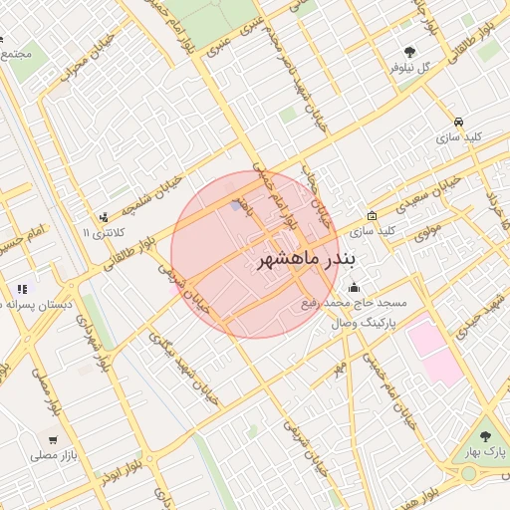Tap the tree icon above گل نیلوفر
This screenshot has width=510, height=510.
[409, 52]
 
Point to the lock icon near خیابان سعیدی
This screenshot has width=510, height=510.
[372, 215]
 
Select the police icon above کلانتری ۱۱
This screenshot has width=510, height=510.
[104, 218]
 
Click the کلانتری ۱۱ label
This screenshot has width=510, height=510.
[106, 233]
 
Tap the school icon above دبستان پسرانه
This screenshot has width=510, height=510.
[22, 290]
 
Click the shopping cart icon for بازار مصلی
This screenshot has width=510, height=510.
[52, 439]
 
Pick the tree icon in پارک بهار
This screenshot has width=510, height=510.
[486, 436]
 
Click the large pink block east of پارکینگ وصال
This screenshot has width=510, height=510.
[434, 350]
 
